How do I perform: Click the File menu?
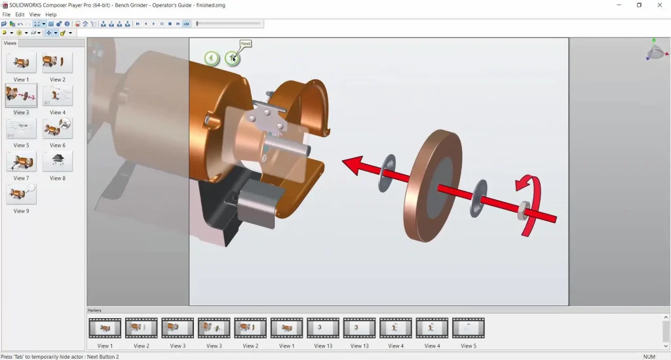coord(7,14)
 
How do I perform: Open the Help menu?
coord(51,14)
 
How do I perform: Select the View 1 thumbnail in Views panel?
coord(22,63)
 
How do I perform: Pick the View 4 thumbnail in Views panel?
coord(58,96)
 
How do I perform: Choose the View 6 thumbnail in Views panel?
coord(58,129)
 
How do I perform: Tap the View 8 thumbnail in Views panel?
coord(58,161)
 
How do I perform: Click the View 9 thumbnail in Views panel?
coord(22,194)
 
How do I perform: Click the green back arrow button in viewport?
coord(212,58)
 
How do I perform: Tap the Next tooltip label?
coord(246,44)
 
